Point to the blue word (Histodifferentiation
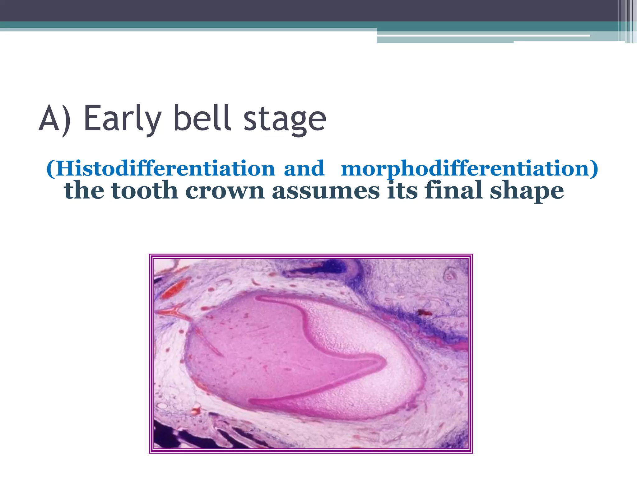(160, 168)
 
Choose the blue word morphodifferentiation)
(469, 168)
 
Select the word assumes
(326, 190)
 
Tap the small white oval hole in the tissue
(162, 406)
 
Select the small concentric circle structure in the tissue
(449, 275)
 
